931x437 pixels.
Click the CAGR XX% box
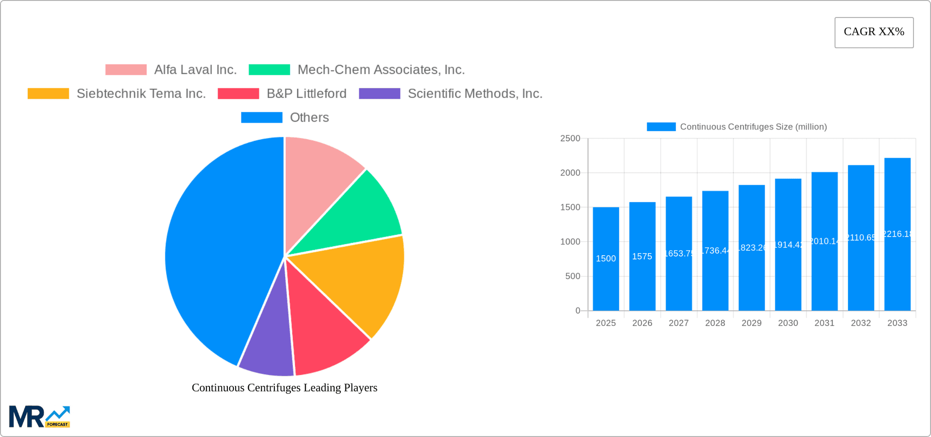coord(874,32)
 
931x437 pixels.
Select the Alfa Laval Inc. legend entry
coord(171,70)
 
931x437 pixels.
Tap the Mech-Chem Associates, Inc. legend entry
coord(356,70)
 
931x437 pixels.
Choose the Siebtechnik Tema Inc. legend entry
coord(117,94)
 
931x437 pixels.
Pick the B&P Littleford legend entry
coord(282,94)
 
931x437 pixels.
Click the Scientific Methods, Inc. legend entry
coord(450,94)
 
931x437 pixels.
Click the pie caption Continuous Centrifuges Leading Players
coord(284,388)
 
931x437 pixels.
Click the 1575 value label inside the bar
coord(642,257)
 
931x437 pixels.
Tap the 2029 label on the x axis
coord(751,323)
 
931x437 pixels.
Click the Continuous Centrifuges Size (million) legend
coord(737,127)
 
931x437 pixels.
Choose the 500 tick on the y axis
coord(572,276)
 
